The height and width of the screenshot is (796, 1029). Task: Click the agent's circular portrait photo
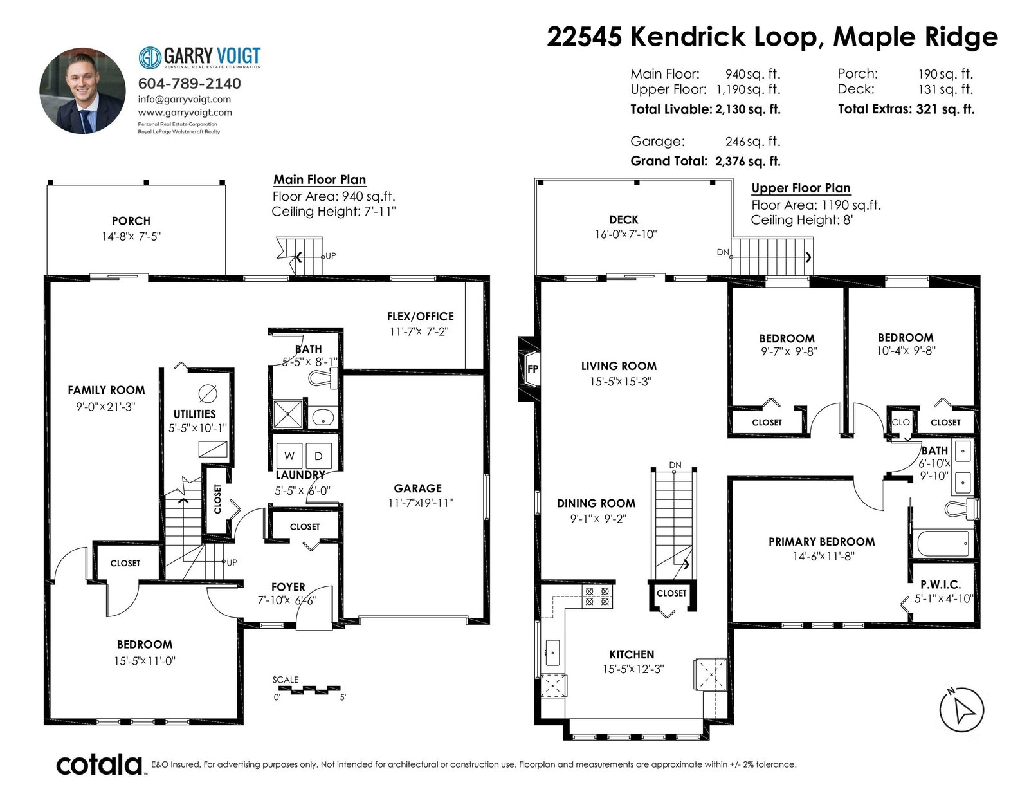click(x=82, y=91)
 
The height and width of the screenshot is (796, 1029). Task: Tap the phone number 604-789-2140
click(x=190, y=84)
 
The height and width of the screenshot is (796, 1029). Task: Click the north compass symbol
click(x=961, y=709)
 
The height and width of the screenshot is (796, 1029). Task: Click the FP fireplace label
click(x=533, y=369)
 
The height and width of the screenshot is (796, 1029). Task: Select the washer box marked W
click(x=289, y=456)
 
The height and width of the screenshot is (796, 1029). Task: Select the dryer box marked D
click(x=318, y=456)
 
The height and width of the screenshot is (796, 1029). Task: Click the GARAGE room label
click(x=417, y=488)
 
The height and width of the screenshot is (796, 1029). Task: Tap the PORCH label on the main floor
click(x=131, y=221)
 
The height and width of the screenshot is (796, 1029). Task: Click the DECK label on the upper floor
click(x=624, y=219)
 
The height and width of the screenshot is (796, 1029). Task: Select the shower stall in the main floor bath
click(x=288, y=414)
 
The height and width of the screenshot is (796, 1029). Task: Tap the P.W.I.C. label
click(x=940, y=585)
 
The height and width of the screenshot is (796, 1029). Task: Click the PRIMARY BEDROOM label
click(x=821, y=542)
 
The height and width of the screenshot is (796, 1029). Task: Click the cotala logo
click(x=100, y=764)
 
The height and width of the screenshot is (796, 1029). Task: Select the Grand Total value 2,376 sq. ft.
click(x=748, y=161)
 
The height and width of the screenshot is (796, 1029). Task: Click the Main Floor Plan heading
click(x=320, y=180)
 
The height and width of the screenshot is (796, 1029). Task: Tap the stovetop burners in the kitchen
click(x=597, y=597)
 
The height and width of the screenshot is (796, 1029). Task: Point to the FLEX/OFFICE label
click(x=421, y=317)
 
